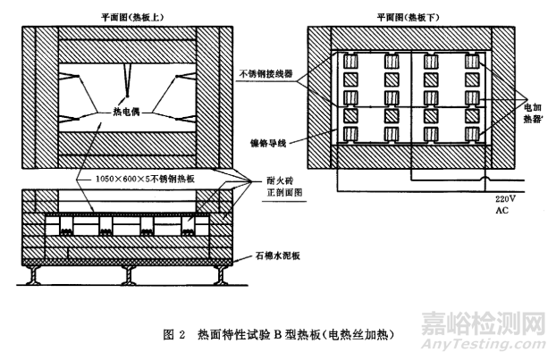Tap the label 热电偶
click(x=129, y=113)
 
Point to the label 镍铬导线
click(x=280, y=141)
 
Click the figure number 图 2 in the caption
click(x=174, y=334)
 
